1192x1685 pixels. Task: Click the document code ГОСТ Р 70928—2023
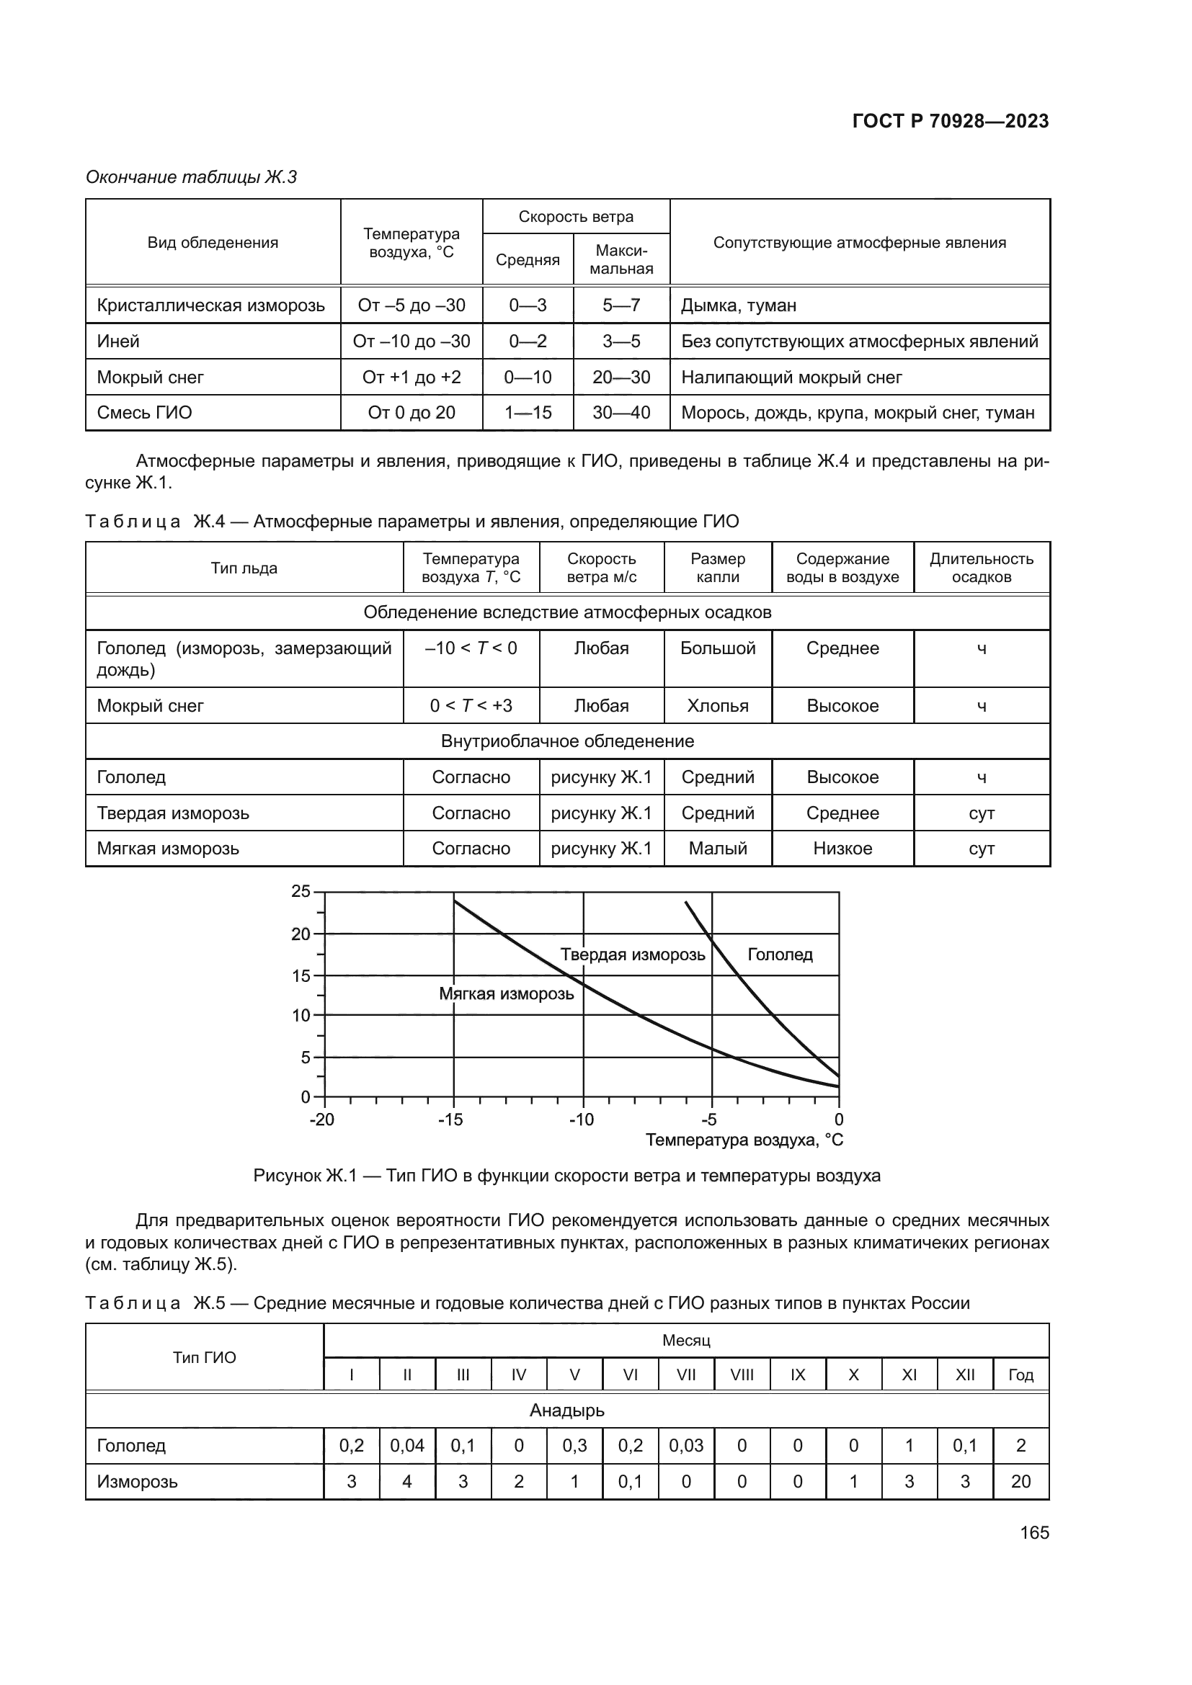(950, 121)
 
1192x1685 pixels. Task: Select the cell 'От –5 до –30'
(411, 305)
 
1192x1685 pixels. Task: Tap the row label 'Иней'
(118, 341)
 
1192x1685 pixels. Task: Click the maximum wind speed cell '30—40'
(621, 413)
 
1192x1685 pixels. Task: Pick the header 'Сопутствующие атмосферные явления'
(860, 243)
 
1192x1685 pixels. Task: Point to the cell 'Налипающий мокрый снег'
(791, 377)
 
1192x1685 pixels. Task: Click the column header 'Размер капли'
(717, 568)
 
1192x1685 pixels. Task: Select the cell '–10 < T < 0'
(471, 649)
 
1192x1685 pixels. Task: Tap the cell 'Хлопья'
(717, 706)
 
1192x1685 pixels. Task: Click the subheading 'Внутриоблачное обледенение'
(567, 741)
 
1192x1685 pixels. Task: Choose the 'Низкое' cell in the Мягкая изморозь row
(842, 849)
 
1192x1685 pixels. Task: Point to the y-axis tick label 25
(301, 892)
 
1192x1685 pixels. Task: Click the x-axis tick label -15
(450, 1120)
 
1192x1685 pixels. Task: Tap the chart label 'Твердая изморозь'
(633, 955)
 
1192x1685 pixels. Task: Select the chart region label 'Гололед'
(780, 955)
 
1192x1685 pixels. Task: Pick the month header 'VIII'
(742, 1375)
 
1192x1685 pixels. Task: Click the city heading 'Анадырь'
(567, 1411)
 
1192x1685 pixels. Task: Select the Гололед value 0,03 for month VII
(685, 1446)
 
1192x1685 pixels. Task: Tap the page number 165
(1034, 1532)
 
